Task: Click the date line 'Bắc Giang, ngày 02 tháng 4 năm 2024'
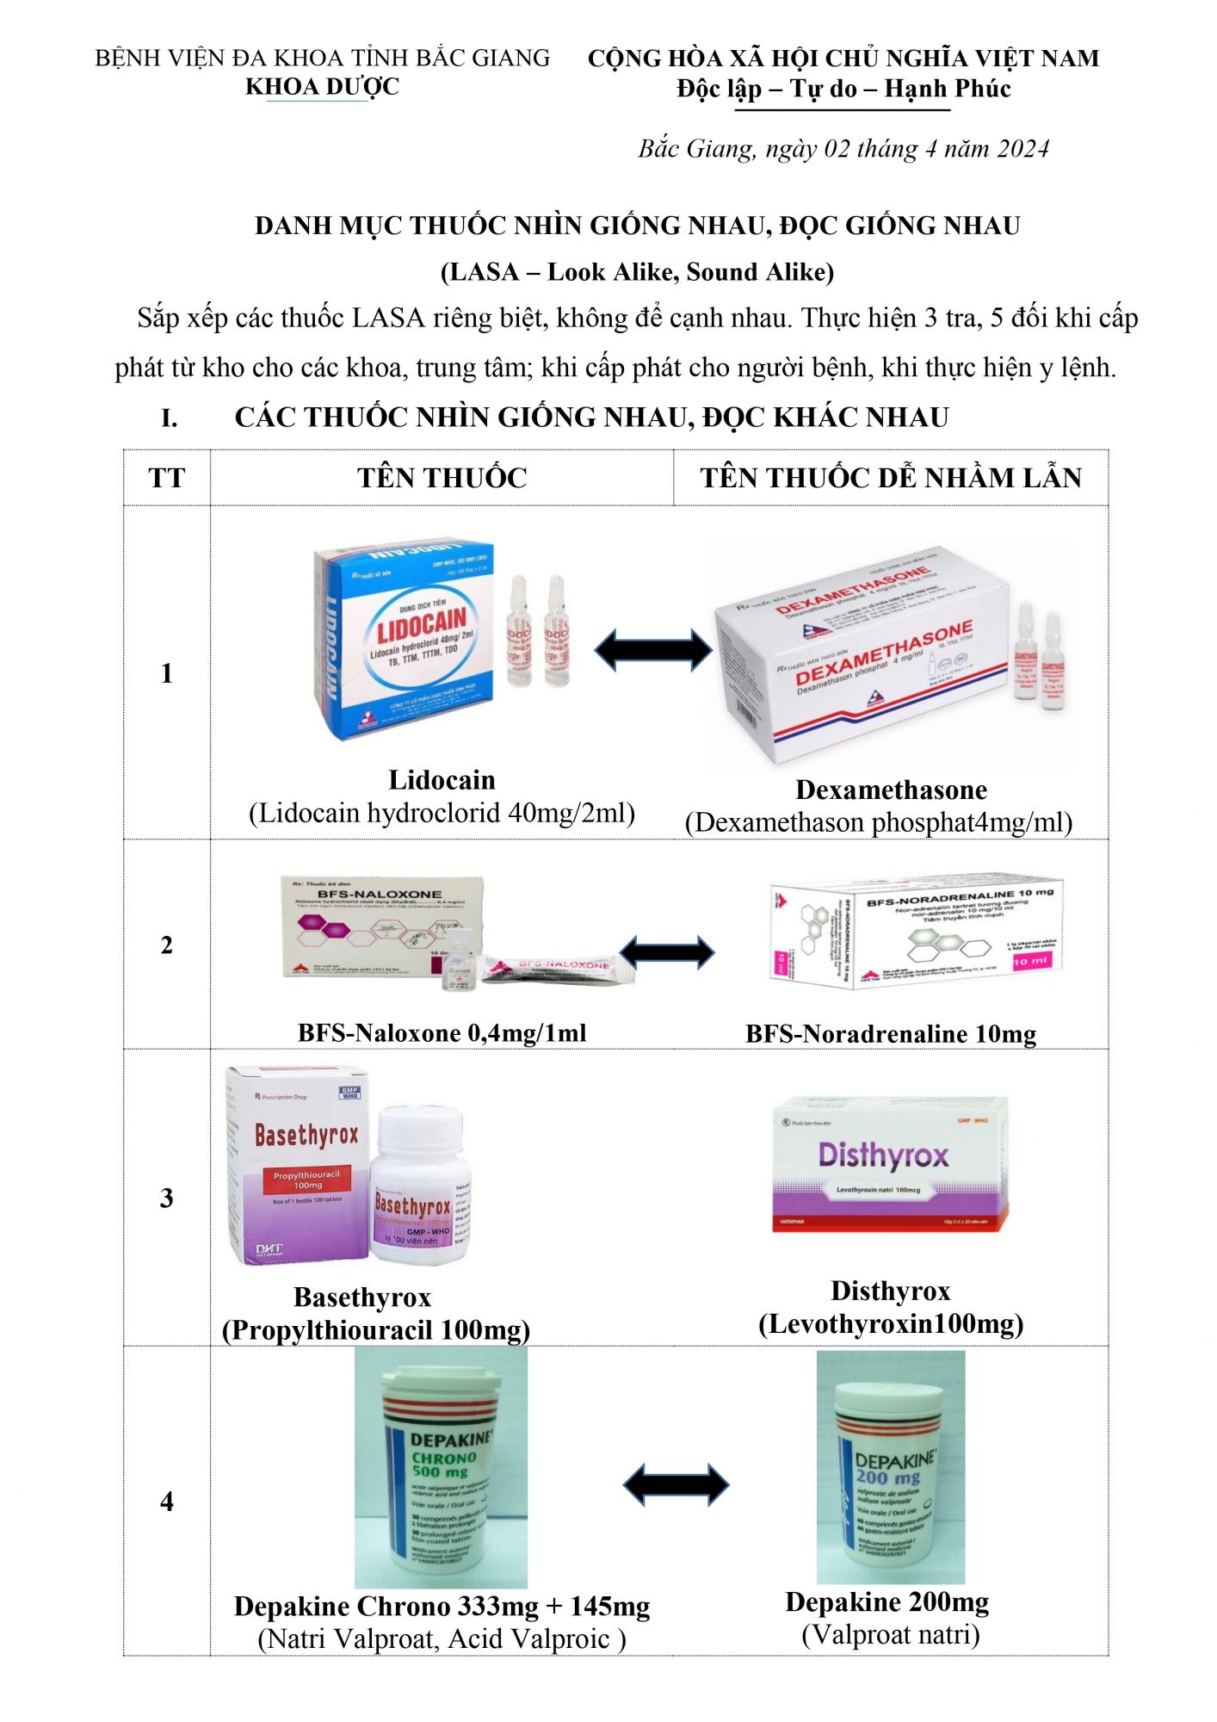tap(843, 149)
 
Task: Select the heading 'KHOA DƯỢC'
tap(322, 87)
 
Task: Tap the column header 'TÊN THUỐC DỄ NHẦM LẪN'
tap(891, 478)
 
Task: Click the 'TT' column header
tap(166, 478)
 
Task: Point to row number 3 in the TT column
tap(166, 1198)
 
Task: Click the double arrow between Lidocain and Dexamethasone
tap(653, 649)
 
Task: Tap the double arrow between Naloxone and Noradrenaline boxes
tap(667, 951)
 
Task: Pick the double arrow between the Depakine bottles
tap(676, 1484)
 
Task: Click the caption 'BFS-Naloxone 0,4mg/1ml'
tap(442, 1032)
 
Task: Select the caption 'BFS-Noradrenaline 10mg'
tap(891, 1034)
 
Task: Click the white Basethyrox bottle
tap(419, 1184)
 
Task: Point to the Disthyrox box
tap(889, 1164)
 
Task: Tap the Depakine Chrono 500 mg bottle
tap(441, 1468)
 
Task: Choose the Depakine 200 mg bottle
tap(890, 1468)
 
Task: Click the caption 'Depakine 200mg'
tap(886, 1602)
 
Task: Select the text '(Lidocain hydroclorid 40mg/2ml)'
tap(442, 813)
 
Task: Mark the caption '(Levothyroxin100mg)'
tap(891, 1324)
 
